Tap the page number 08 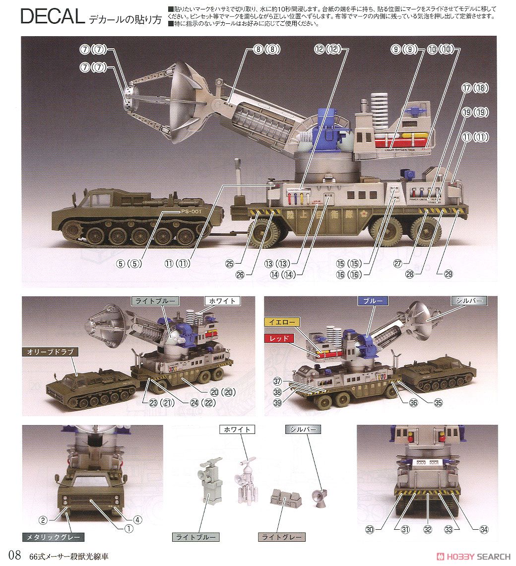(x=14, y=556)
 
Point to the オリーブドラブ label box (x=47, y=352)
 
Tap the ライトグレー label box (x=282, y=537)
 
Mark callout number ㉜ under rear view (x=428, y=529)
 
